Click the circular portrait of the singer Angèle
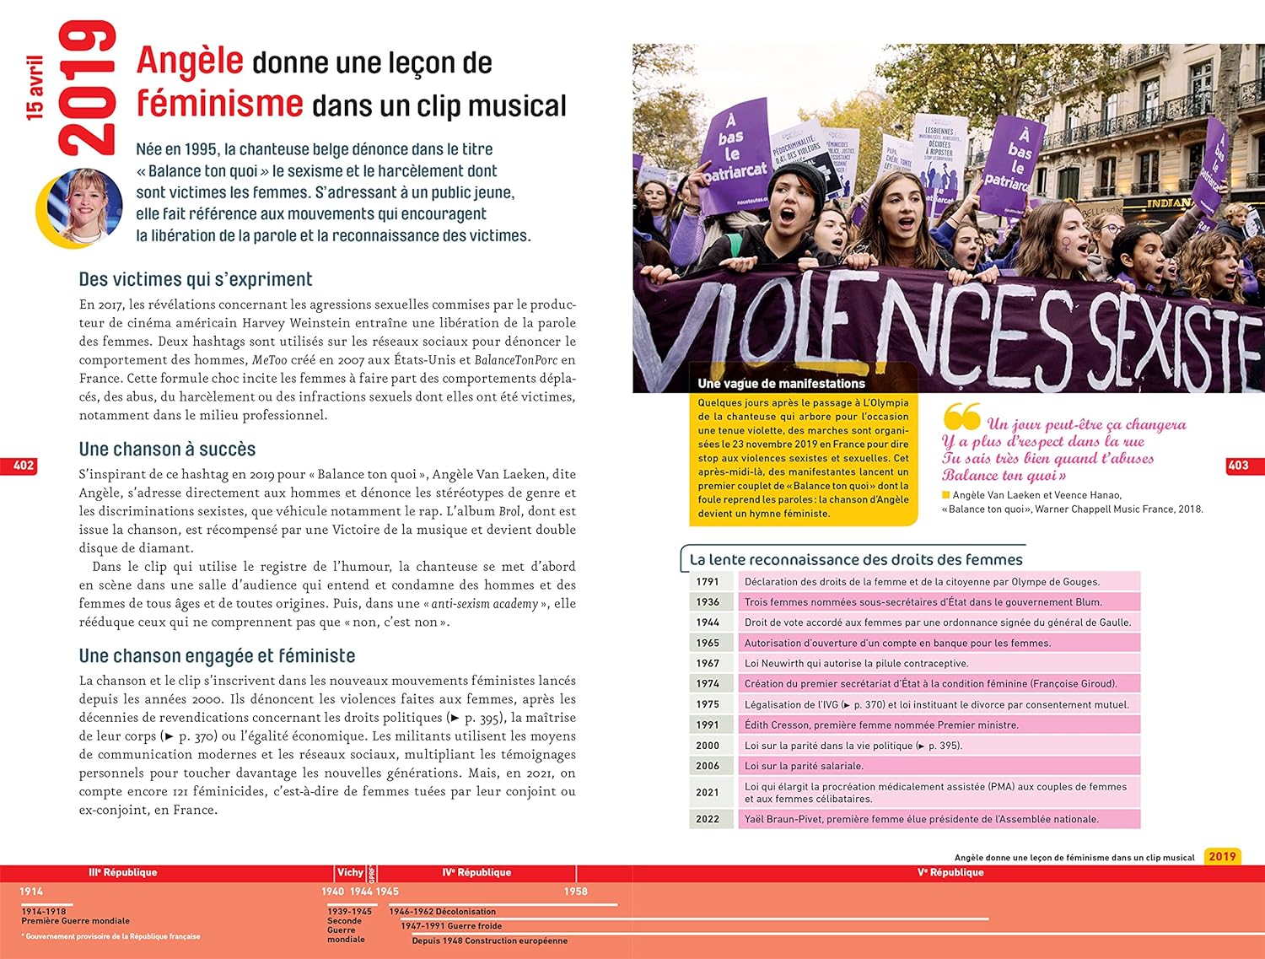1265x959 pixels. click(82, 207)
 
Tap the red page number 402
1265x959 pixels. click(24, 466)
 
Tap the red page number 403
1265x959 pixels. click(1238, 466)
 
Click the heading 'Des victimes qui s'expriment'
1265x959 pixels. click(196, 280)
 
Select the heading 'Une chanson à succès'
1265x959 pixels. click(167, 450)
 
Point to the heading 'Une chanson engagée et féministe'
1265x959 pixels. click(217, 656)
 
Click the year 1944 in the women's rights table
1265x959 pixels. click(708, 622)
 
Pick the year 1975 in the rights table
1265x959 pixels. click(708, 704)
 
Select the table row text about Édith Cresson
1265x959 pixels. click(881, 725)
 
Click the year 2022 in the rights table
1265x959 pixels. click(708, 819)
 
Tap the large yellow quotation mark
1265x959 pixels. click(961, 416)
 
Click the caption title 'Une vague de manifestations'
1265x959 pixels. click(781, 384)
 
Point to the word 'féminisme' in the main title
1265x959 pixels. click(220, 104)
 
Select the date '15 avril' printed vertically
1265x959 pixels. click(35, 88)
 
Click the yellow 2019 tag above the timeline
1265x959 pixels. click(1222, 856)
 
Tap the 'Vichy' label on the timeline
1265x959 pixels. click(350, 873)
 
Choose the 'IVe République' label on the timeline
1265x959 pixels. click(476, 873)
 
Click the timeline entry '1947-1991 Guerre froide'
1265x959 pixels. click(451, 926)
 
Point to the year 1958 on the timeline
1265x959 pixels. click(576, 892)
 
